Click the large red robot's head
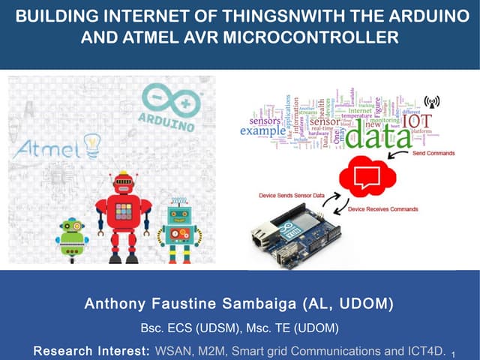[x=123, y=184]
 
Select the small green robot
[x=72, y=239]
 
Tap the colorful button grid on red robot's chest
[x=123, y=212]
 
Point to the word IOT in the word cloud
[x=418, y=121]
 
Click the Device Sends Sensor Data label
[x=292, y=195]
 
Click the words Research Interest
[x=92, y=351]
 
